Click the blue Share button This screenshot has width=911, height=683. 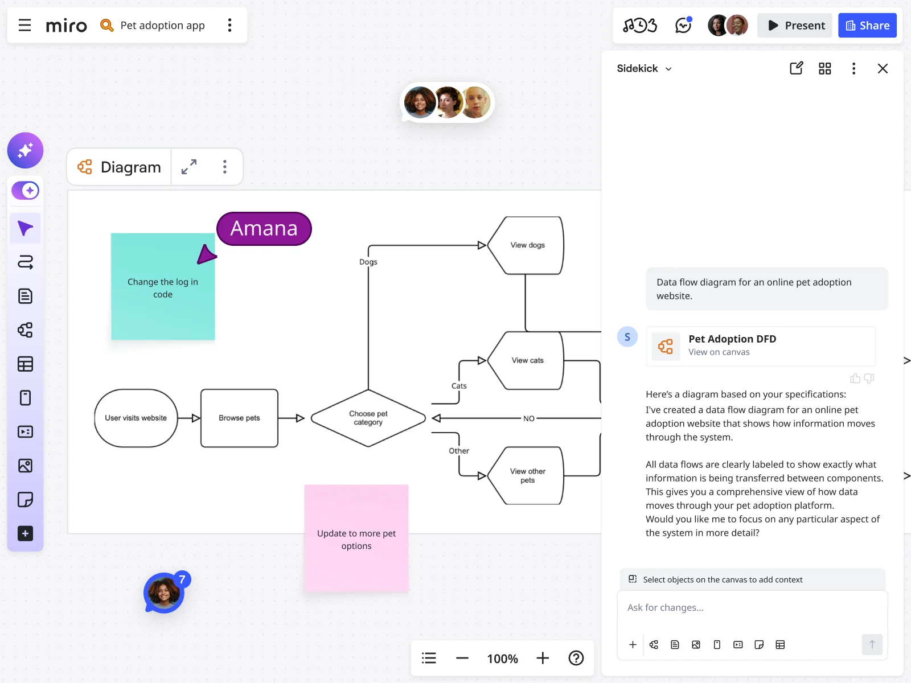coord(867,26)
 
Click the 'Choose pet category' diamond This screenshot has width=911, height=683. coord(368,418)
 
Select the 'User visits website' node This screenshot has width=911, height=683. coord(136,418)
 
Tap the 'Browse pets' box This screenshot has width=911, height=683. coord(239,418)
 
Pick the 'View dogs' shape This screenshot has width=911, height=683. coord(527,245)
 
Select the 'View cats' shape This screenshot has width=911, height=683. coord(527,361)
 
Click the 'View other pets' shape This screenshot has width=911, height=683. coord(527,476)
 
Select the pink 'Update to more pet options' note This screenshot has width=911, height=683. coord(356,539)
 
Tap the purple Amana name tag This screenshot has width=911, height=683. coord(264,229)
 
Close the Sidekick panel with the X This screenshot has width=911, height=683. coord(883,69)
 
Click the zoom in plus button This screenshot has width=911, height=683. coord(543,659)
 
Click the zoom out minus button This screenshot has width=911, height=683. coord(462,659)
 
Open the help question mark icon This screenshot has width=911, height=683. coord(576,659)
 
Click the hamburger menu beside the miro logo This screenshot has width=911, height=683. coord(24,26)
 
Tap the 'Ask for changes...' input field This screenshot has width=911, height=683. coord(752,608)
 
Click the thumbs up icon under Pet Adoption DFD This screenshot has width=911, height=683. coord(855,378)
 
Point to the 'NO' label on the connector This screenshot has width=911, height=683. coord(529,419)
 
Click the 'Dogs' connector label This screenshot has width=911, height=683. coord(368,262)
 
